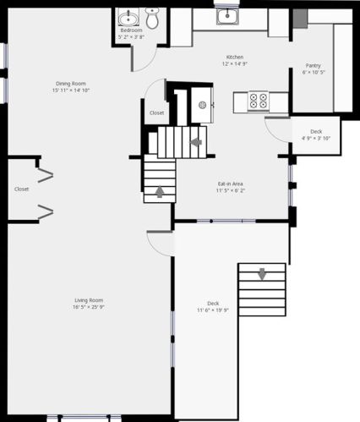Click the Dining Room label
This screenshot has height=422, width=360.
71,84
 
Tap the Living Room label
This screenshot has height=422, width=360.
89,300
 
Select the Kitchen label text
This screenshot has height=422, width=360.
235,57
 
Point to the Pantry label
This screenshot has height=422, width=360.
314,66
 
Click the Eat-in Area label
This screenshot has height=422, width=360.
231,184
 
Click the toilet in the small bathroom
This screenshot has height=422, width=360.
152,19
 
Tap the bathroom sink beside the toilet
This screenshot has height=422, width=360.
128,19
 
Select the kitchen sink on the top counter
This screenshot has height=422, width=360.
227,16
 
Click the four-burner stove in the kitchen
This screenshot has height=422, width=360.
258,101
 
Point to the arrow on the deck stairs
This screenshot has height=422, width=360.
262,274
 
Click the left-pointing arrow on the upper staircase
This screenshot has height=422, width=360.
196,142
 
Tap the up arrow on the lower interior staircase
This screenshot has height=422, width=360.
160,192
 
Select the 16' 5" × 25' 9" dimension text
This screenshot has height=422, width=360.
89,307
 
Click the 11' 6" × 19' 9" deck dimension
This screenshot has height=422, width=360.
213,310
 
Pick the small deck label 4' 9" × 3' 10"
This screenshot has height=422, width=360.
316,138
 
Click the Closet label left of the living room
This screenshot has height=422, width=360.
22,189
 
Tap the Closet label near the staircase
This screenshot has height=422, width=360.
157,112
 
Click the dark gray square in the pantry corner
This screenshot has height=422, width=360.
300,19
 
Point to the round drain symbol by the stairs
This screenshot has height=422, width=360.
202,105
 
